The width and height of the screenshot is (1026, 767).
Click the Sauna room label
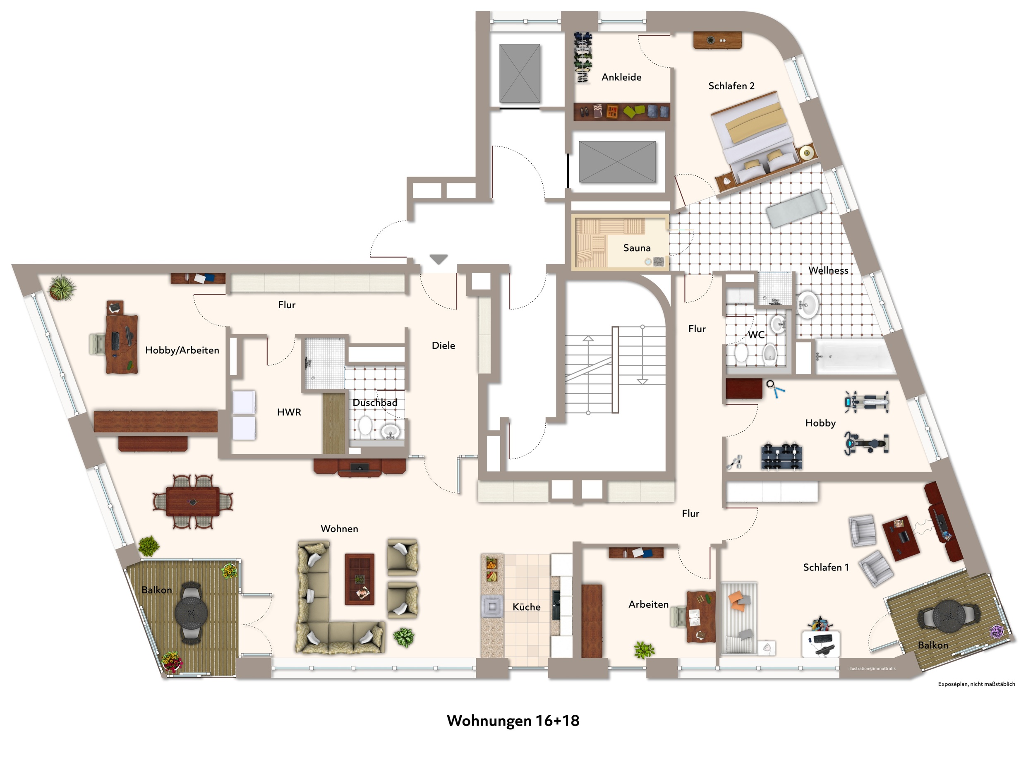coord(636,248)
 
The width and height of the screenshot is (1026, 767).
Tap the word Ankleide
coord(621,77)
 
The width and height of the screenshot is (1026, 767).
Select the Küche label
coord(527,607)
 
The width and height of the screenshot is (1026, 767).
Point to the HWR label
coord(289,412)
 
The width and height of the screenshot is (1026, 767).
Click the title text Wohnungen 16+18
coord(513,721)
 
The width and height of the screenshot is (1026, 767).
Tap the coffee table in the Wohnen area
coord(360,579)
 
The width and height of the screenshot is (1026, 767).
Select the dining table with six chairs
coord(192,502)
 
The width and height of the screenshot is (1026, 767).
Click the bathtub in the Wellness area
coord(855,356)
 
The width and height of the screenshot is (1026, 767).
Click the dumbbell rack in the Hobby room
coord(781,457)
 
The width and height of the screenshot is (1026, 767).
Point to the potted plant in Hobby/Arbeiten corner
coord(62,288)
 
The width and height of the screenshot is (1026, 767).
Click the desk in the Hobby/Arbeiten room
coord(122,344)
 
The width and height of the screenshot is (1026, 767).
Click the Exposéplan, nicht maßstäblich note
coord(976,684)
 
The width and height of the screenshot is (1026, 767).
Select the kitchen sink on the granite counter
coord(492,606)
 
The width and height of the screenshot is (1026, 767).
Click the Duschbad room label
coord(375,403)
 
